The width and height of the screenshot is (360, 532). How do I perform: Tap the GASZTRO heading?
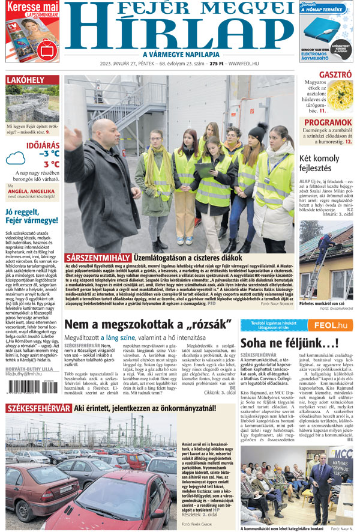pyautogui.click(x=335, y=76)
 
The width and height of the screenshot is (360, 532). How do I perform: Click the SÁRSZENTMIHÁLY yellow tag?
pyautogui.click(x=98, y=257)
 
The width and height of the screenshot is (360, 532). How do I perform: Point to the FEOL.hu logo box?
pyautogui.click(x=329, y=325)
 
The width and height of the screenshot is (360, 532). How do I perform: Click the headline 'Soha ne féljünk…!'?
pyautogui.click(x=281, y=343)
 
